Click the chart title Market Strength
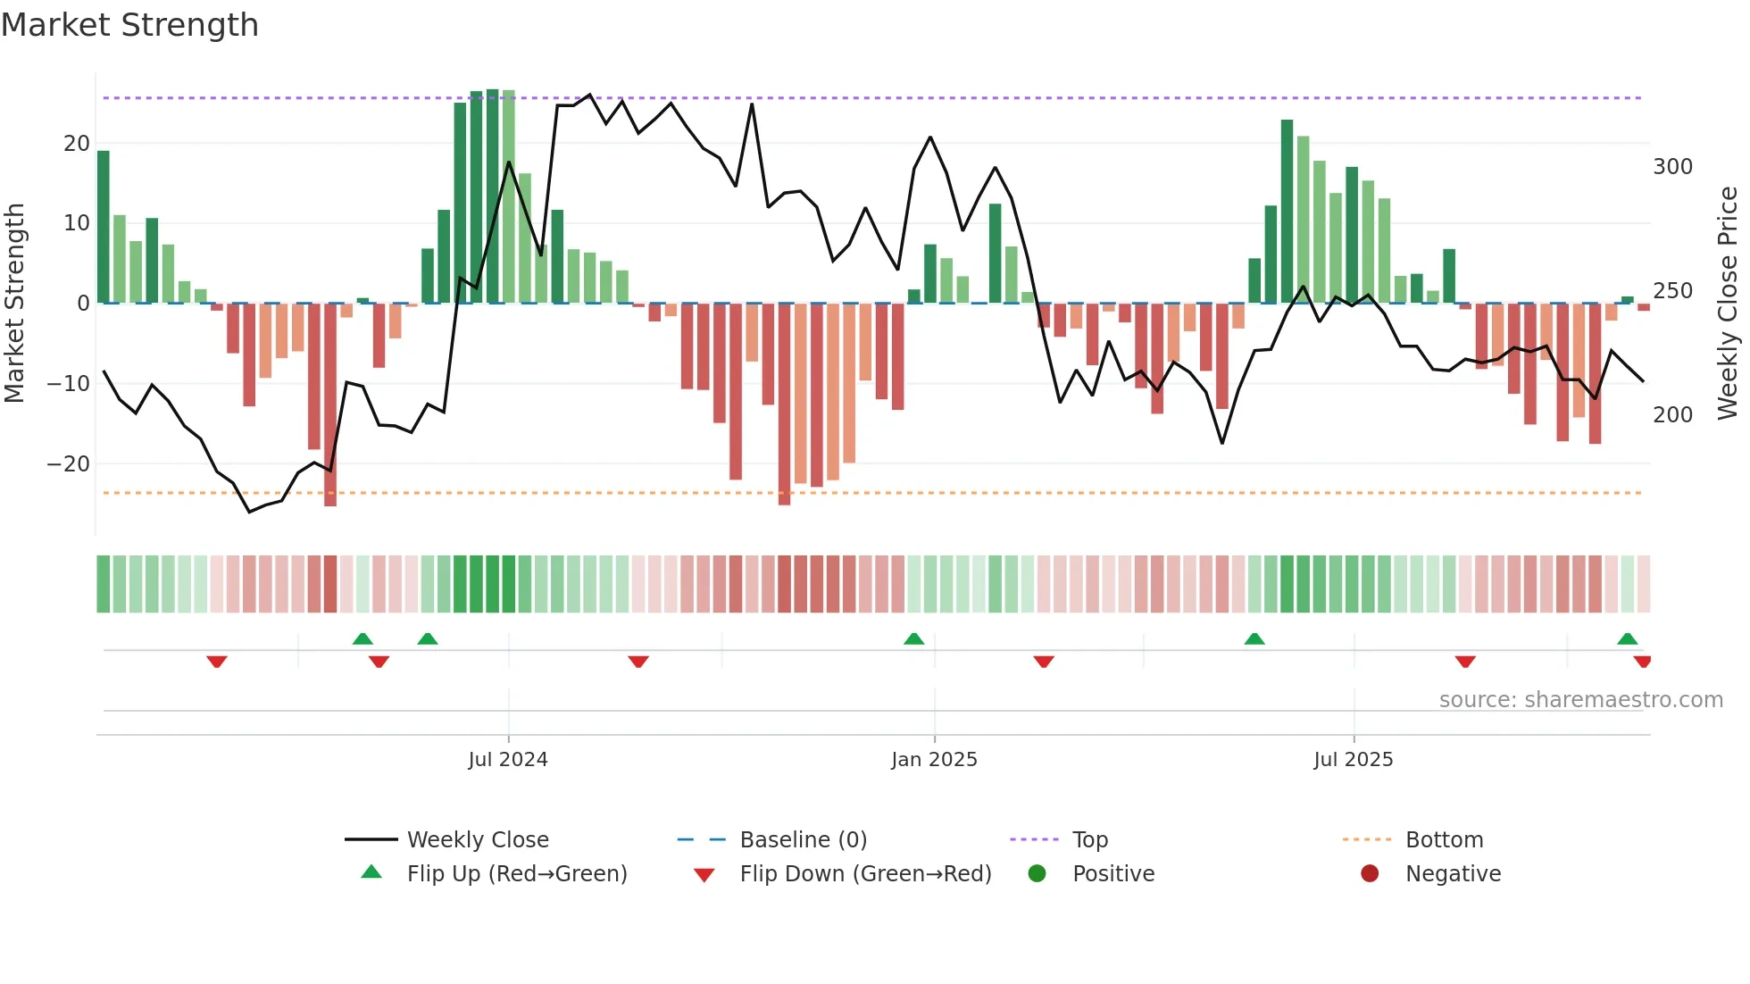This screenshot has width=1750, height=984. pos(129,25)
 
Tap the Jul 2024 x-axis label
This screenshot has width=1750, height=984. pos(507,760)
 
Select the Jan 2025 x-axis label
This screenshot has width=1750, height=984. pos(934,760)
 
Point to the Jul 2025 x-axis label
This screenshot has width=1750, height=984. pos(1353,760)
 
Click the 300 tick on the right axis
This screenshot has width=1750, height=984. pos(1672,167)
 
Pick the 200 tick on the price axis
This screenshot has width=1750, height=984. pos(1672,415)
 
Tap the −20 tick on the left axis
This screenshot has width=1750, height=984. pos(69,464)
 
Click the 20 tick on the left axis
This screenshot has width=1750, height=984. pos(77,144)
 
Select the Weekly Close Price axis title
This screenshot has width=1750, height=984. pos(1728,304)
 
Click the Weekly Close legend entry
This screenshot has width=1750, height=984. pos(477,840)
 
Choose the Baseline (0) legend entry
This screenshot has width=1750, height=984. pos(803,840)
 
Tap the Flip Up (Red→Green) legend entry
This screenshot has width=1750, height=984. pos(516,874)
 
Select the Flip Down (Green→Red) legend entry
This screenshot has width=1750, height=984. pos(864,874)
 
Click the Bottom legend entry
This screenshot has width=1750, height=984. pos(1444,840)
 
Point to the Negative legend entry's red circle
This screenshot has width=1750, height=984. pos(1370,873)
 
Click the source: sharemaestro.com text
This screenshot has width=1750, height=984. pos(1580,700)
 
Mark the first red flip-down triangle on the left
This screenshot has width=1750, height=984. pos(217,662)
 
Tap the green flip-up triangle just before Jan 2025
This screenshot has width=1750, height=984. pos(913,638)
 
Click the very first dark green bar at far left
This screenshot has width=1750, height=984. pos(104,228)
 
